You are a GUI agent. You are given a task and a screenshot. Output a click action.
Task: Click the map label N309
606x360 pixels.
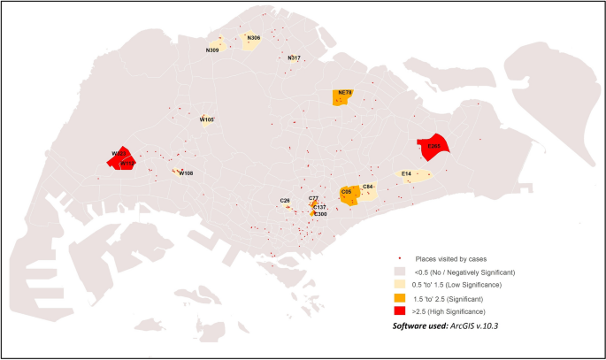212,50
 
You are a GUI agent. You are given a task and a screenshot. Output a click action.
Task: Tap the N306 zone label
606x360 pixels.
253,38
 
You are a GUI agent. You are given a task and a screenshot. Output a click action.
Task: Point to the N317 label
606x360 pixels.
295,58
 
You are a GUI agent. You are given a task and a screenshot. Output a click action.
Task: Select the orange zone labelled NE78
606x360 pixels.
344,97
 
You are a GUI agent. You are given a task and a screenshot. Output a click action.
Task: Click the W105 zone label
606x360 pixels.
207,119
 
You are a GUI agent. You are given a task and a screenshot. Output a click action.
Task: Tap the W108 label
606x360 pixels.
186,173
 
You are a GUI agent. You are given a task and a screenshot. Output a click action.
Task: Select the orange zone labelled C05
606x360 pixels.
348,195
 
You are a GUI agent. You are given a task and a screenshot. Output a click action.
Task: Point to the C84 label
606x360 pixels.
368,188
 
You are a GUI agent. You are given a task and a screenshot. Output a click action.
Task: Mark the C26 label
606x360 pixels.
285,201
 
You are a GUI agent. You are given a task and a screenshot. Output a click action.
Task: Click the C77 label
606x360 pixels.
313,199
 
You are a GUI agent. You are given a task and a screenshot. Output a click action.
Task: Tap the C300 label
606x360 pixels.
320,214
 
